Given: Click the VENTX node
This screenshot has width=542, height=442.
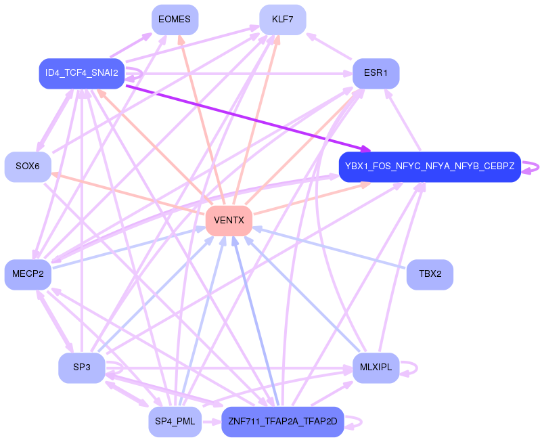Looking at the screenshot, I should [229, 221].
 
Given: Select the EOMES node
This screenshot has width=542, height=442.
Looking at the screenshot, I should [175, 20].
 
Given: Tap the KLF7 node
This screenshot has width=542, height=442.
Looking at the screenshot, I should [283, 20].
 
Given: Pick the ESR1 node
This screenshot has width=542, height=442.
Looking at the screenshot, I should [376, 73].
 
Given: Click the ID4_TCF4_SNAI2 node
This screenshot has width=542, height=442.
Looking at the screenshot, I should [82, 73].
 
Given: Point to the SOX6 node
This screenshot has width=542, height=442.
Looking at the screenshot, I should [28, 167].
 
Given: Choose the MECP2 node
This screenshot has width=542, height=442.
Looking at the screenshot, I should [28, 274].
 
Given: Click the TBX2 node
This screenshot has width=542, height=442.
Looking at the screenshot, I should [430, 274].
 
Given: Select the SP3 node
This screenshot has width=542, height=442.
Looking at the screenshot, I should [82, 368].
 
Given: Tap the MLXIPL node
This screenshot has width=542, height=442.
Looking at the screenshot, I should [376, 368].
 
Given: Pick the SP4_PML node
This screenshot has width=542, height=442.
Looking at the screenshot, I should [175, 422].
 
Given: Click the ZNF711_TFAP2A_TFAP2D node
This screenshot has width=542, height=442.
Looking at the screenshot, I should [283, 422].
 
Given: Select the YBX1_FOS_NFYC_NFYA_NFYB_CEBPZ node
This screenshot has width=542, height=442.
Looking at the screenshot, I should [430, 167].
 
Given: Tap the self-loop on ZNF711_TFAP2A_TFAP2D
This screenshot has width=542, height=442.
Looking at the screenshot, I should [361, 422].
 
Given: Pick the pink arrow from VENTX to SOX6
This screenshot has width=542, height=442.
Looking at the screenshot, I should [129, 194].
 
